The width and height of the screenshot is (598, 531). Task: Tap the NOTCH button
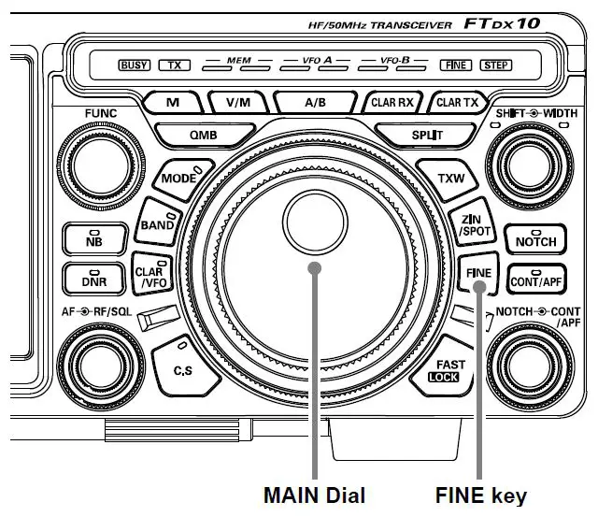point(535,239)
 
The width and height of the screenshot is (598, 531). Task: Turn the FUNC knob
point(89,160)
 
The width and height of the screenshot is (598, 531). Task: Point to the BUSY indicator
point(135,65)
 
